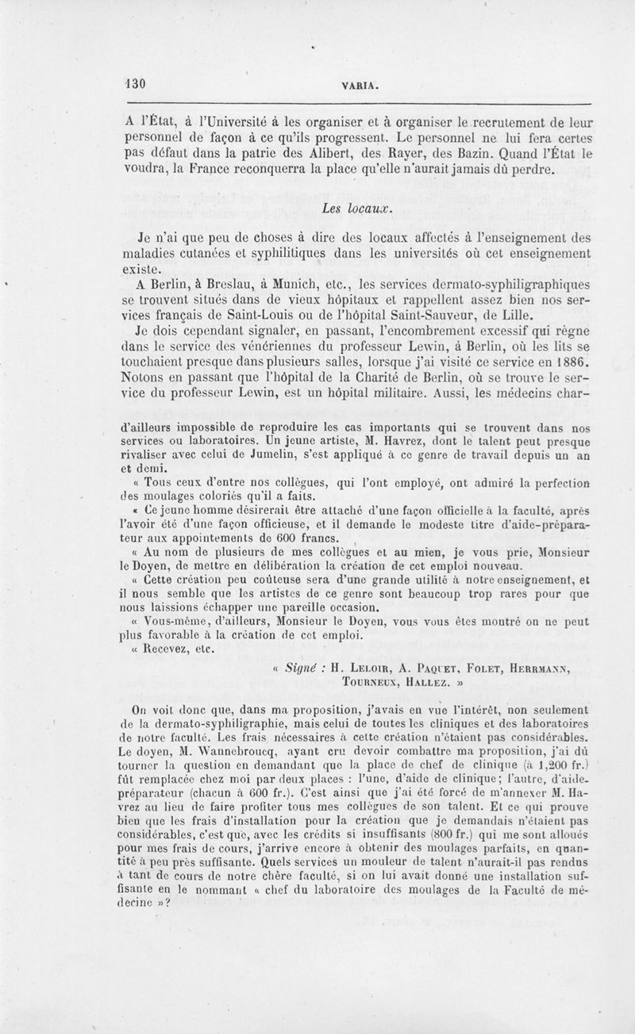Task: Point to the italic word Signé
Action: point(305,667)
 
